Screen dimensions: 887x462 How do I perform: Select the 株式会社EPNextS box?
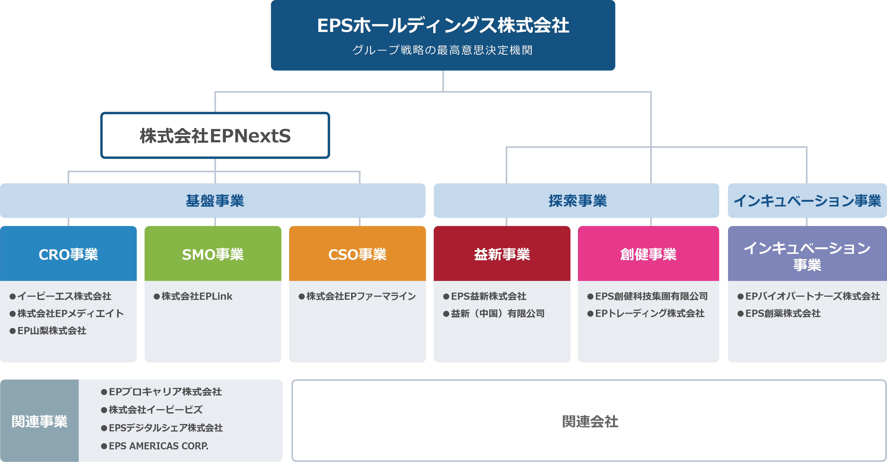(x=215, y=135)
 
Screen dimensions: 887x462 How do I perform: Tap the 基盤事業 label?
(x=215, y=201)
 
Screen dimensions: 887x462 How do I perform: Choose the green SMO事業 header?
(x=213, y=253)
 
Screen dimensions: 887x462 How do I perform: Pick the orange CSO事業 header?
(x=357, y=253)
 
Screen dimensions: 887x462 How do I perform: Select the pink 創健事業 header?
(x=648, y=253)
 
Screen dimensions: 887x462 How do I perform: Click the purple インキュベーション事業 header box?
(x=807, y=253)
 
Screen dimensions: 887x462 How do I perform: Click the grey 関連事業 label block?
(x=39, y=421)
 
